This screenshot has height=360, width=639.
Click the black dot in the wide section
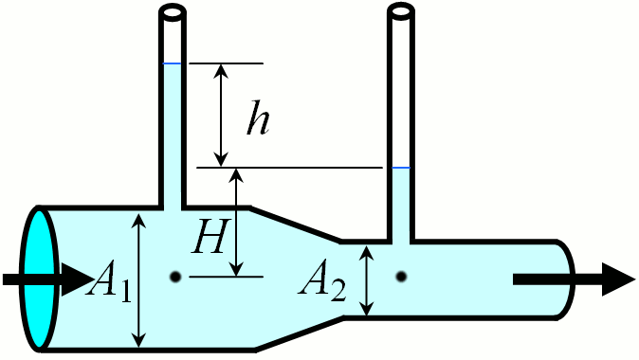[175, 277]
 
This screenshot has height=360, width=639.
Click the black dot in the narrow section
[401, 277]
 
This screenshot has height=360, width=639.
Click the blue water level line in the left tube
[172, 63]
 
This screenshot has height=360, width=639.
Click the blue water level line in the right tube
[401, 168]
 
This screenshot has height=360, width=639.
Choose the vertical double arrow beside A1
[140, 279]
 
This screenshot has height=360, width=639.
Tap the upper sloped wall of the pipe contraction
[295, 224]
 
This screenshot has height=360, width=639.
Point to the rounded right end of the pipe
[570, 280]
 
